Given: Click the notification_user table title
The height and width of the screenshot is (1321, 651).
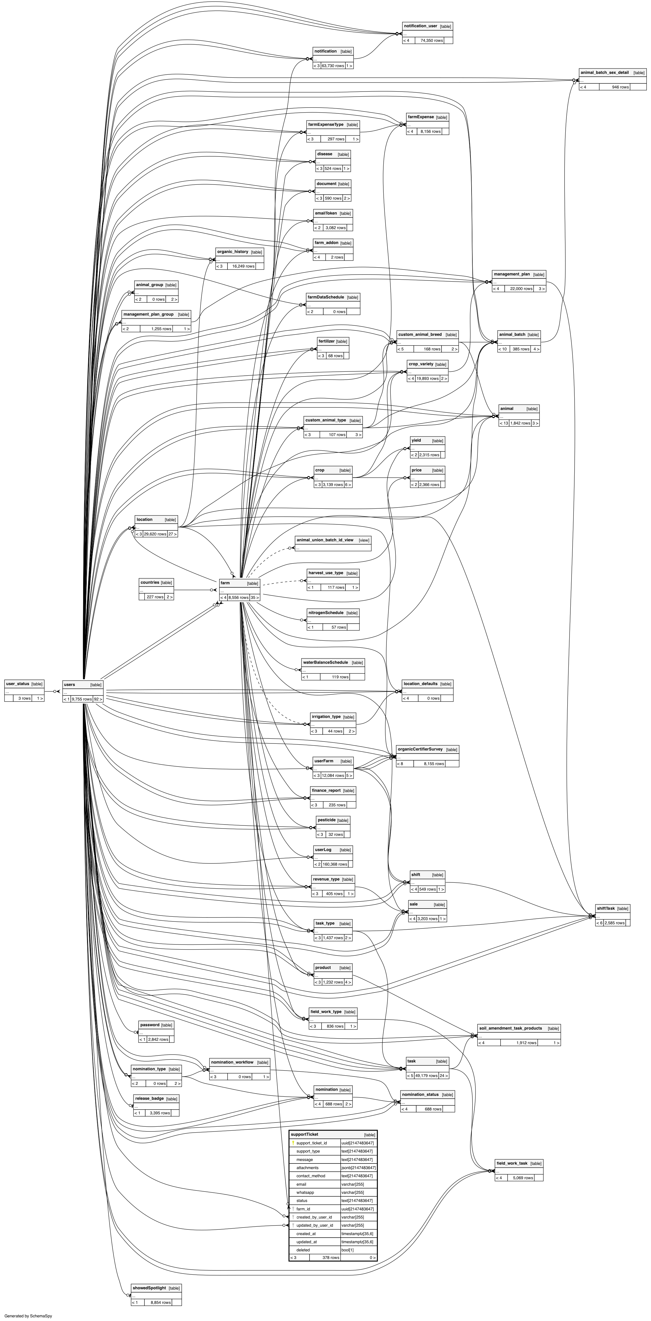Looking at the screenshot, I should pyautogui.click(x=420, y=26).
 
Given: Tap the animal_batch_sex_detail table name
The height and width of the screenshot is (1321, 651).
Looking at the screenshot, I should pyautogui.click(x=604, y=73).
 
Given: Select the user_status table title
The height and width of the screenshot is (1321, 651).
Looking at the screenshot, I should pyautogui.click(x=17, y=684).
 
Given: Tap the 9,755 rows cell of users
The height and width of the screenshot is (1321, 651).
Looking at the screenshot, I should pyautogui.click(x=81, y=699).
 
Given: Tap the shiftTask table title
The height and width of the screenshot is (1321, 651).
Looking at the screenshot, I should pyautogui.click(x=605, y=908).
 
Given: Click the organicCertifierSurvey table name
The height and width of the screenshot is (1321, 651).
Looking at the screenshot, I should pyautogui.click(x=420, y=749).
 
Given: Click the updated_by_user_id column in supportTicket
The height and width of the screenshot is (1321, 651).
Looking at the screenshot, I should pyautogui.click(x=315, y=1225).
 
